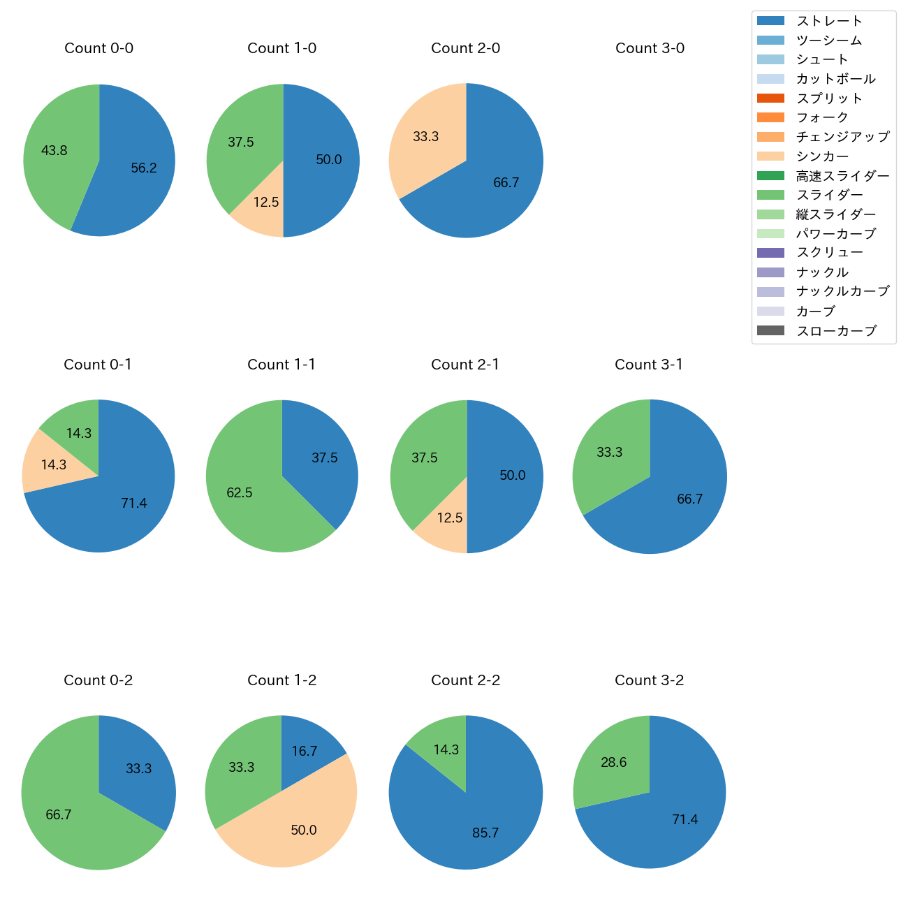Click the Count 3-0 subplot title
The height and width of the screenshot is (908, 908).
(650, 48)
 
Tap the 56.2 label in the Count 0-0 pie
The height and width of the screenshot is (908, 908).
(144, 168)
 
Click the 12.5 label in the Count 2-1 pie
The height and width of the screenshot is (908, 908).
(450, 518)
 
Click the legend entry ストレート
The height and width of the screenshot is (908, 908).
(829, 21)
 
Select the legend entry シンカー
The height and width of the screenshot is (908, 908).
(822, 156)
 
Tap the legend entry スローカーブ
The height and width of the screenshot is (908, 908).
(836, 331)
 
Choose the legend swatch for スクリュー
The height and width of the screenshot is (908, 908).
(770, 253)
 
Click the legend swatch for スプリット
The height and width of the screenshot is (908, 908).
(770, 98)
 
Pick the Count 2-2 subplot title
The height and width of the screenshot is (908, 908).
(466, 680)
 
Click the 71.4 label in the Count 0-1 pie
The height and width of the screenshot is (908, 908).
(133, 503)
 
